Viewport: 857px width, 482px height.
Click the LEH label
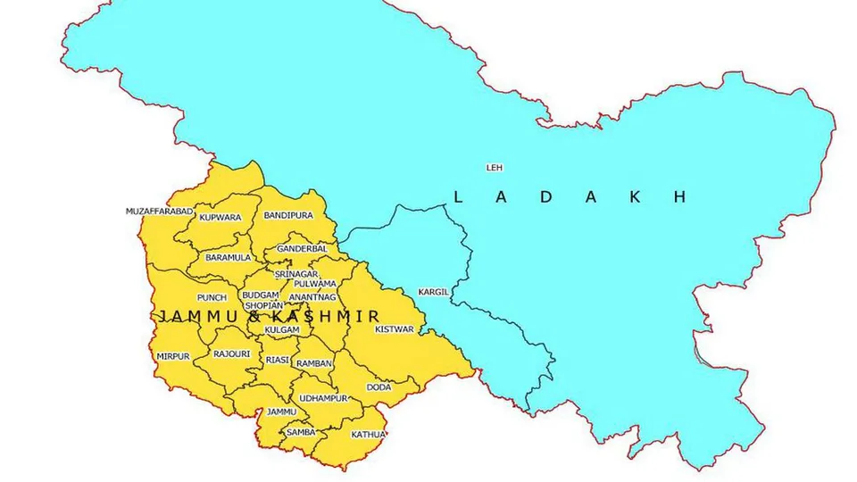[x=494, y=167]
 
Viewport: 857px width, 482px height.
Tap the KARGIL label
[x=432, y=292]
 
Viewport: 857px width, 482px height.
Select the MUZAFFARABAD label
[x=159, y=212]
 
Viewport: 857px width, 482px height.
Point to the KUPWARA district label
[x=220, y=217]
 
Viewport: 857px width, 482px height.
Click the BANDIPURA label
[x=288, y=216]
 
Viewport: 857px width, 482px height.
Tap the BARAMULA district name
[x=228, y=257]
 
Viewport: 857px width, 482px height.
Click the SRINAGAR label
[x=295, y=272]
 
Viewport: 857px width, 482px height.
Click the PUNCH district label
[x=212, y=297]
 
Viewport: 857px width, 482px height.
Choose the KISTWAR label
[x=395, y=329]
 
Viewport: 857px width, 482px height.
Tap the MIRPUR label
[x=173, y=356]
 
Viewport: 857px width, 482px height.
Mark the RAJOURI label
[x=231, y=354]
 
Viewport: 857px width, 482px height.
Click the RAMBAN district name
[x=314, y=363]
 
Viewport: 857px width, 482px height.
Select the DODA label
[x=379, y=387]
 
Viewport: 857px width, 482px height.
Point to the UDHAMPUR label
[x=323, y=397]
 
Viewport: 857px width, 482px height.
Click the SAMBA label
[x=301, y=432]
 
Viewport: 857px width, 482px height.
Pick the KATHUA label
[x=368, y=435]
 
